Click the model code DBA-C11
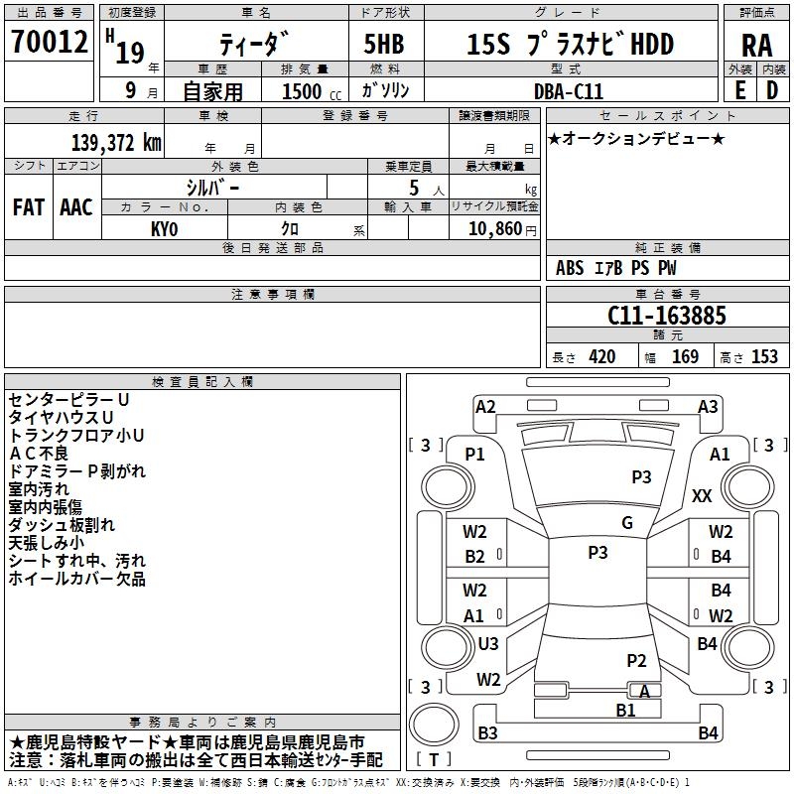[568, 90]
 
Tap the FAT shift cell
[29, 207]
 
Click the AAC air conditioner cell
[76, 207]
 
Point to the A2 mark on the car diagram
[485, 406]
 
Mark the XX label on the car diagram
[702, 496]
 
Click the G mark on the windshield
[626, 523]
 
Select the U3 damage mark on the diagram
[488, 643]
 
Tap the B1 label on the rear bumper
[625, 710]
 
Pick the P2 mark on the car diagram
[636, 660]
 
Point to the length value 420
[601, 357]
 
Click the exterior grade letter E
[739, 90]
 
